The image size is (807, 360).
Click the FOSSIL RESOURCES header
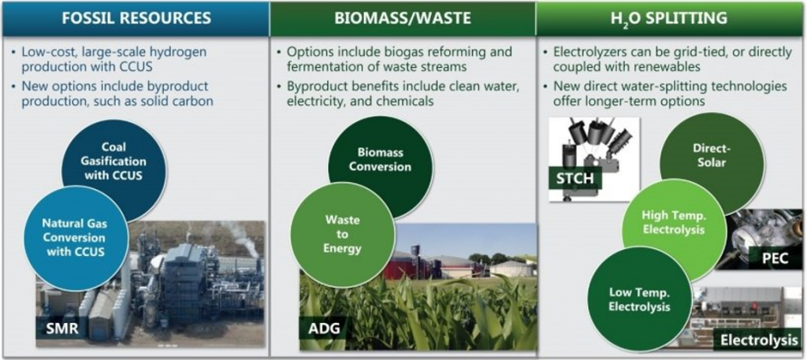click(136, 19)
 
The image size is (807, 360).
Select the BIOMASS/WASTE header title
click(402, 19)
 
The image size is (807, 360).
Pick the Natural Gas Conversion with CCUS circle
click(75, 238)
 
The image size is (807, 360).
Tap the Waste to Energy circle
click(343, 235)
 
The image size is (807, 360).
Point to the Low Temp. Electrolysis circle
click(639, 299)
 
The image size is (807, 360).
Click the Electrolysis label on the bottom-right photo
click(759, 340)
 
